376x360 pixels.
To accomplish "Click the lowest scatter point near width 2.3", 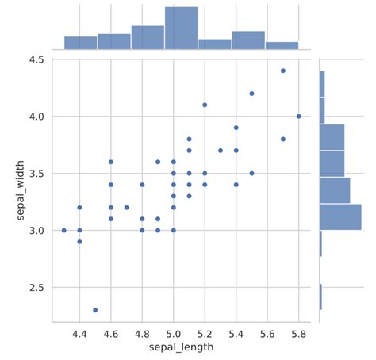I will click(x=95, y=310).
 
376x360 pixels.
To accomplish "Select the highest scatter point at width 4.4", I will click(x=283, y=71).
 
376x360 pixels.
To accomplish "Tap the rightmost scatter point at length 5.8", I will click(x=299, y=117).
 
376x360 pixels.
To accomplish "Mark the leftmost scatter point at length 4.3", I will click(x=63, y=230).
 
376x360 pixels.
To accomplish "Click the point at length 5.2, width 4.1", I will click(x=205, y=105).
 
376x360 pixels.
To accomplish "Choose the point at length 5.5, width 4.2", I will click(x=251, y=94).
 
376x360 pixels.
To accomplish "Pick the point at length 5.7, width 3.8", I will click(x=283, y=139).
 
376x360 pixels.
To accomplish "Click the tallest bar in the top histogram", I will click(x=181, y=29).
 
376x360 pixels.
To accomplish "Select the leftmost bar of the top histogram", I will click(x=80, y=43).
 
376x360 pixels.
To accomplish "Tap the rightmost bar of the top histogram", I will click(x=282, y=45).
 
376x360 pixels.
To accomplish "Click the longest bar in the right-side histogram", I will click(x=340, y=216).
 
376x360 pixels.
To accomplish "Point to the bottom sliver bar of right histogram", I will click(x=320, y=297).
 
